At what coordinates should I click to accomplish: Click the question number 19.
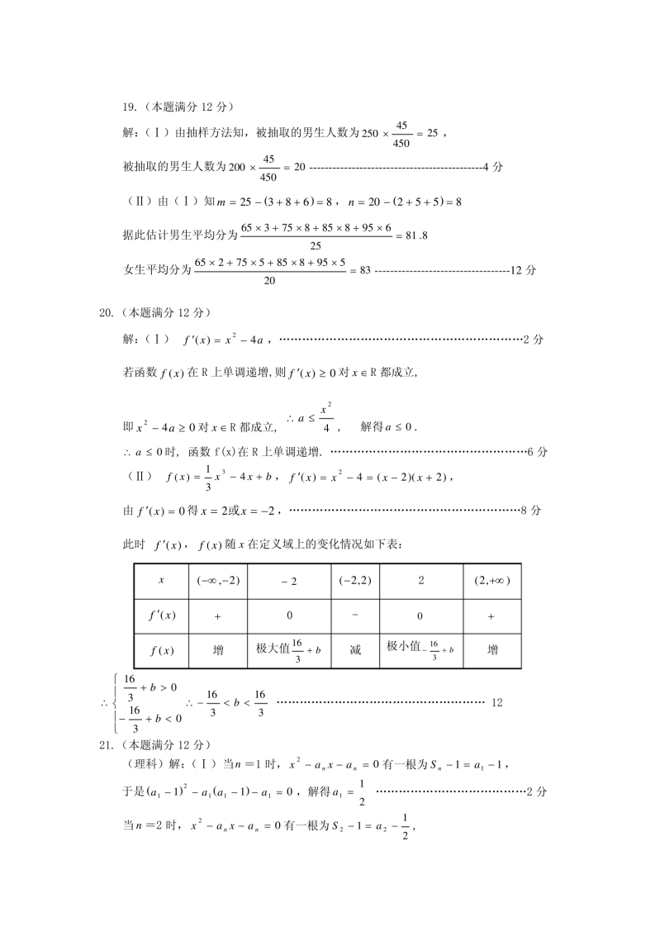coord(129,107)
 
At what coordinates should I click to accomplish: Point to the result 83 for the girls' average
coord(364,270)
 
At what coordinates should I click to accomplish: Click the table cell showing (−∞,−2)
coord(218,581)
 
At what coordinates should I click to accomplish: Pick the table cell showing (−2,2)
coord(355,581)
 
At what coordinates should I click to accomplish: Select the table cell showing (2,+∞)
coord(492,581)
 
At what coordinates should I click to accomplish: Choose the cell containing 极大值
coord(288,649)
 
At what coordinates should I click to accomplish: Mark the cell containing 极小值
coord(421,649)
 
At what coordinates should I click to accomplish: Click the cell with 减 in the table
coord(355,650)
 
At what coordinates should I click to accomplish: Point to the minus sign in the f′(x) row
coord(355,615)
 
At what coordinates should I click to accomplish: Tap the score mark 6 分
coord(536,451)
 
